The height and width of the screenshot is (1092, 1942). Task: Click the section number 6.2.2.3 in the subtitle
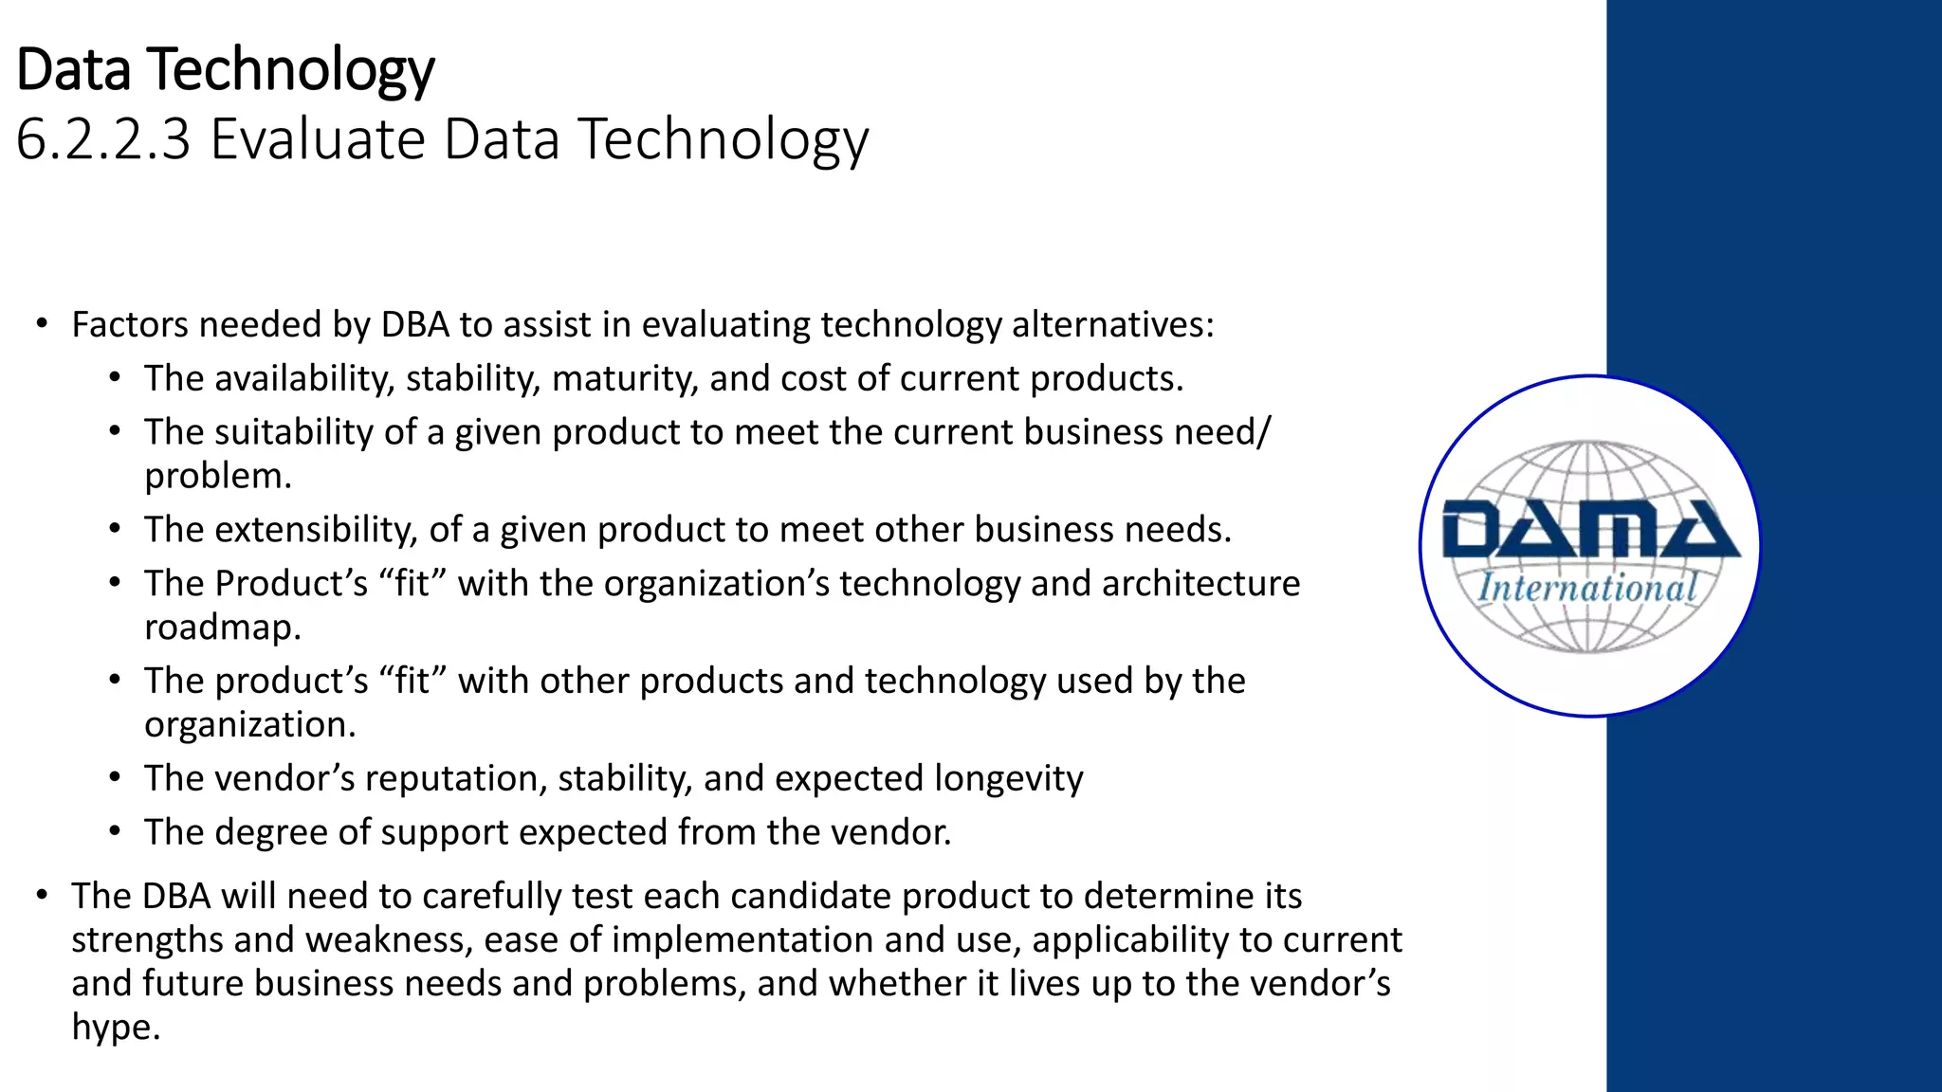103,139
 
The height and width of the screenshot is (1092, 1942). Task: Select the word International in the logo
1587,588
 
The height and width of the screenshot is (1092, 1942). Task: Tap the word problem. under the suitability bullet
218,476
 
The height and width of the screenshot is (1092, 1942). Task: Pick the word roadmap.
222,628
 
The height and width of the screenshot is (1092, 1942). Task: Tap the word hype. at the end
115,1028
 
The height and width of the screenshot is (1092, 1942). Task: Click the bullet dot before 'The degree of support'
115,832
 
